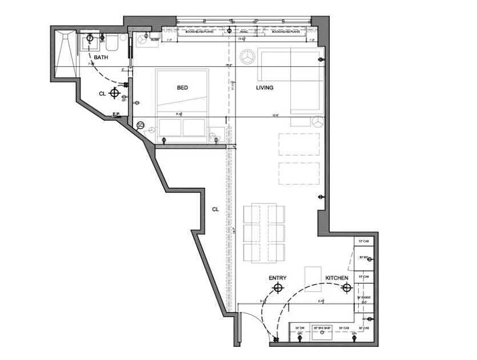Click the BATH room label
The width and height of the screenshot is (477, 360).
pyautogui.click(x=101, y=58)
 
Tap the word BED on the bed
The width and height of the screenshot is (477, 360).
pyautogui.click(x=182, y=88)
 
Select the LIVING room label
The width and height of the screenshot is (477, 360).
pyautogui.click(x=265, y=88)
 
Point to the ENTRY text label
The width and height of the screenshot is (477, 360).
pyautogui.click(x=278, y=278)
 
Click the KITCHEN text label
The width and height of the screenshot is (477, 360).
pyautogui.click(x=337, y=278)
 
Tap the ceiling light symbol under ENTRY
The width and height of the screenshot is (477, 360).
pyautogui.click(x=279, y=288)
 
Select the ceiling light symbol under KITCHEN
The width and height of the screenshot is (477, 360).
pyautogui.click(x=346, y=288)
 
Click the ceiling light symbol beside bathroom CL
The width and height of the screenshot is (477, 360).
pyautogui.click(x=115, y=93)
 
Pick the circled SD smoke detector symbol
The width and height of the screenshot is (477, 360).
pyautogui.click(x=140, y=125)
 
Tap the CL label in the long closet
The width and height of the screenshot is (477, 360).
pyautogui.click(x=216, y=209)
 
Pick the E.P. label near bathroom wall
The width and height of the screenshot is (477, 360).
pyautogui.click(x=116, y=114)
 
